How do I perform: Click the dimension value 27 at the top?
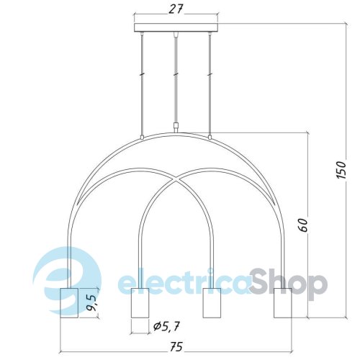pyautogui.click(x=176, y=9)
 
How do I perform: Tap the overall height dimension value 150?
pyautogui.click(x=341, y=170)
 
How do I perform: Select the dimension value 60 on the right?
pyautogui.click(x=303, y=225)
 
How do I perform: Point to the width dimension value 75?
pyautogui.click(x=176, y=346)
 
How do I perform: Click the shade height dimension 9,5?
pyautogui.click(x=91, y=302)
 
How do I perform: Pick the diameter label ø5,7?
pyautogui.click(x=166, y=326)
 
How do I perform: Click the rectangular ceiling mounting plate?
pyautogui.click(x=176, y=27)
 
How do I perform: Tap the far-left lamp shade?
pyautogui.click(x=69, y=303)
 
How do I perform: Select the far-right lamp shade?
pyautogui.click(x=283, y=303)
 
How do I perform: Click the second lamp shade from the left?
pyautogui.click(x=140, y=303)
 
